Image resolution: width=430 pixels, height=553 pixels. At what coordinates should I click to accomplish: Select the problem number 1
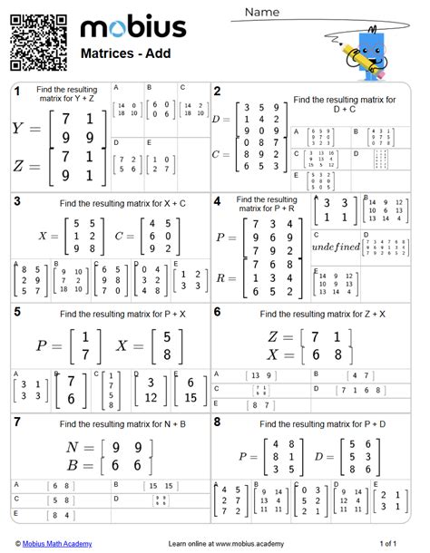point(16,92)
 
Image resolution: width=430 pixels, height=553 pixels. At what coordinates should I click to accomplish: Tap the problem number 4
point(218,201)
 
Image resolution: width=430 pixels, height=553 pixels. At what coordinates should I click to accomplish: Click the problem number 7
point(16,422)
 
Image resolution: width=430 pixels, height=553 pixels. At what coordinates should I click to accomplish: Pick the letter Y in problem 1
point(20,129)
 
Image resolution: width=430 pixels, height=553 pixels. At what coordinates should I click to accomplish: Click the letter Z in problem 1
point(20,166)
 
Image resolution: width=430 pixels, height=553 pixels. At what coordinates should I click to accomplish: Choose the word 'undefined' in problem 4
point(335,246)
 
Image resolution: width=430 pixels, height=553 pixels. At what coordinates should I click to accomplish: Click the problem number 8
point(218,422)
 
